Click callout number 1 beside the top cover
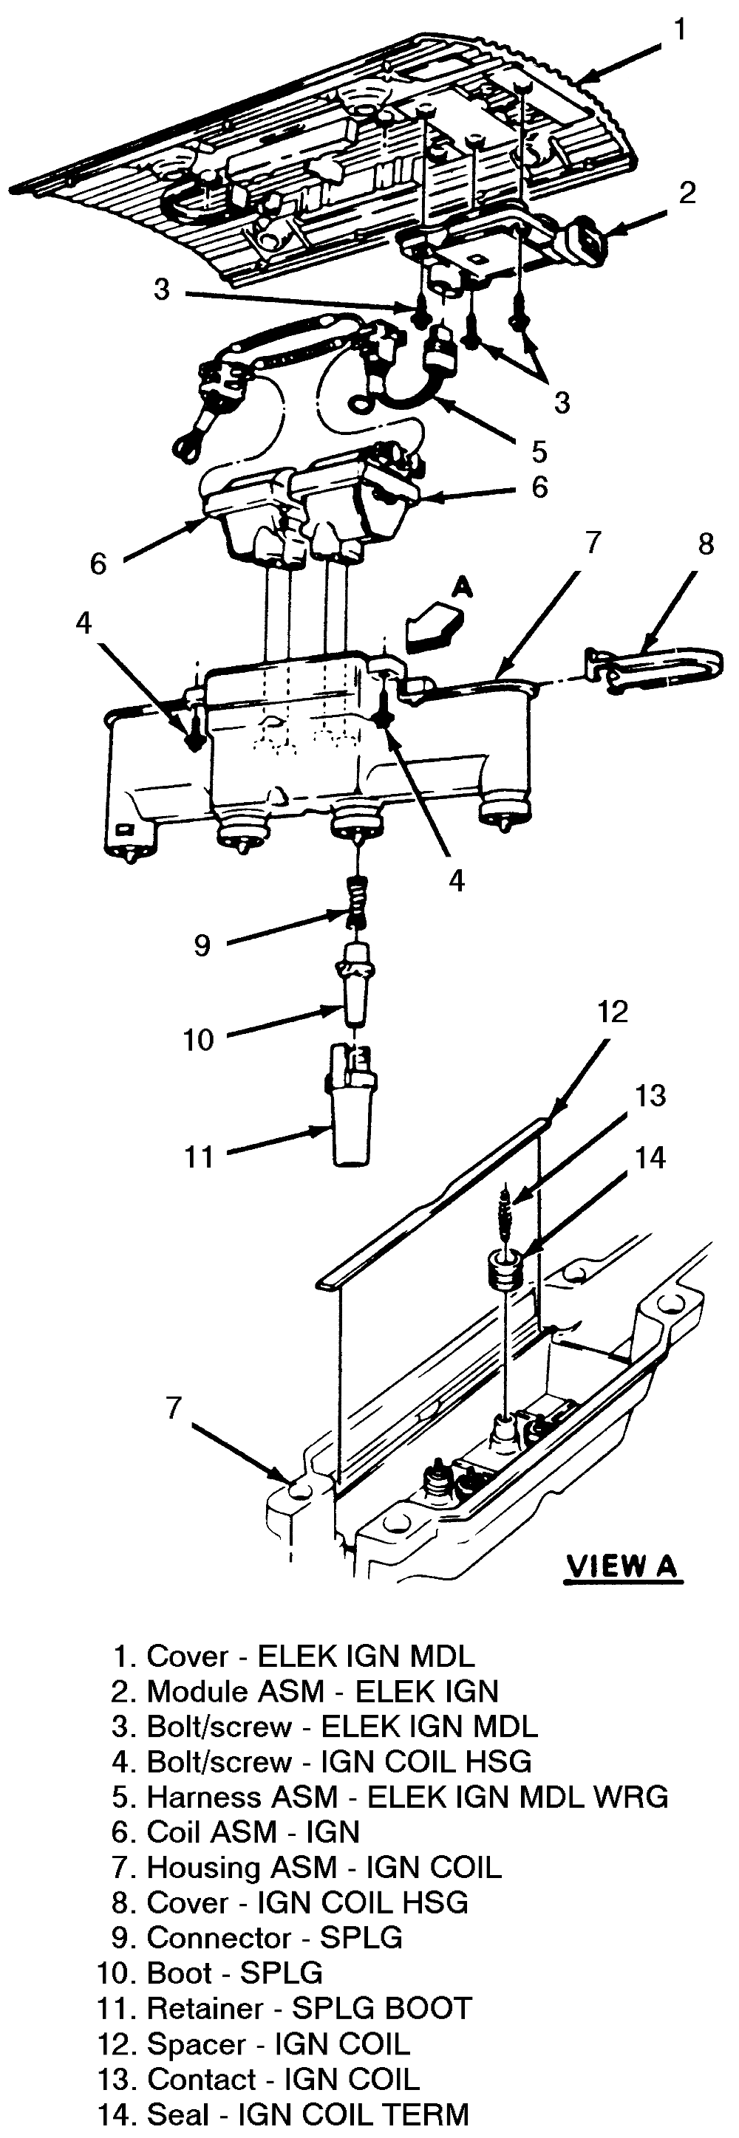point(680,31)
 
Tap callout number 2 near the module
point(687,193)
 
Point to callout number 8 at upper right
point(705,544)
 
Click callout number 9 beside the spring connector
point(202,945)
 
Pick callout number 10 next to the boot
point(199,1039)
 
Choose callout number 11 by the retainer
point(200,1157)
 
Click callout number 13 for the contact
point(650,1095)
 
